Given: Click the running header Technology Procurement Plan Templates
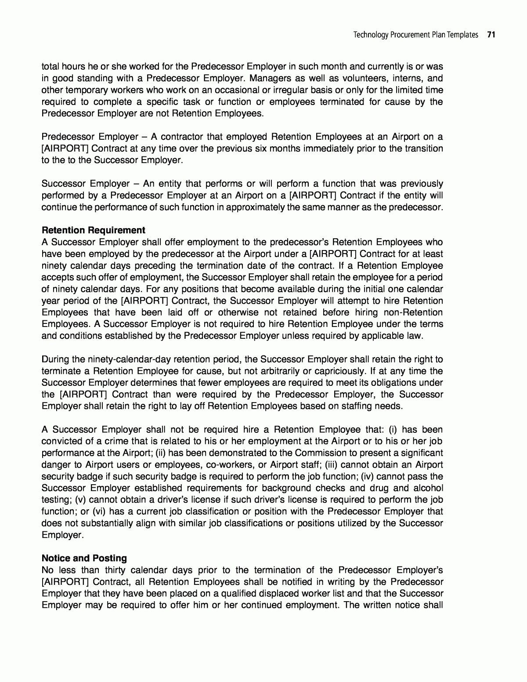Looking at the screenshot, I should [x=416, y=35].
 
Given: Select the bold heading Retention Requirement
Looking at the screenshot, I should [x=93, y=230].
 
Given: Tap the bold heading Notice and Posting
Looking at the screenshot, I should [x=84, y=558].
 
